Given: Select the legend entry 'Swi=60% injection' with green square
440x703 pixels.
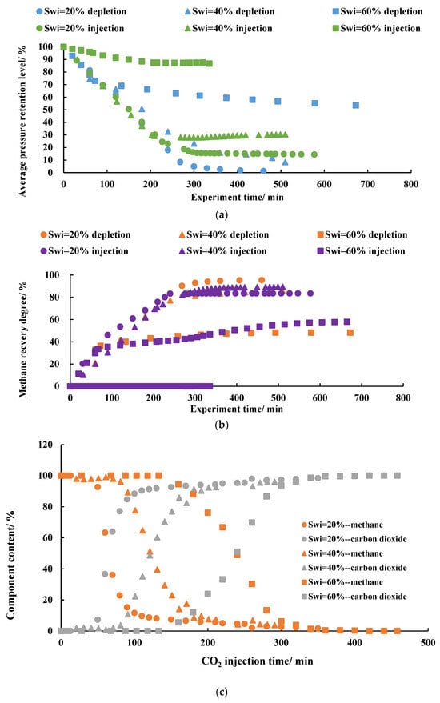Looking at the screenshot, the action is (376, 28).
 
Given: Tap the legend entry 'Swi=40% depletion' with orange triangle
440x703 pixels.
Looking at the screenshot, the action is (223, 234).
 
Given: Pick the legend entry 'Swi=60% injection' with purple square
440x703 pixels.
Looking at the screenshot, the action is (361, 251).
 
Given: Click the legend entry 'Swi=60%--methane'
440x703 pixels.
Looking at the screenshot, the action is (342, 582).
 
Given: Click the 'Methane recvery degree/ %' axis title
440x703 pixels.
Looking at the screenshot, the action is (23, 339).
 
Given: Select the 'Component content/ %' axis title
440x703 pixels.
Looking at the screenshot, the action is (10, 565).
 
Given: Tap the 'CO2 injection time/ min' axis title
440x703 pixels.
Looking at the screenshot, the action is (257, 661).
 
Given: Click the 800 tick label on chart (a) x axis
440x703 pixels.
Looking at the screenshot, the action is (411, 184).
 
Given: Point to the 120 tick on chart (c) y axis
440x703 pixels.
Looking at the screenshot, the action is (46, 445).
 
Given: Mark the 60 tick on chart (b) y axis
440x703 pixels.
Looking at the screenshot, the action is (54, 319).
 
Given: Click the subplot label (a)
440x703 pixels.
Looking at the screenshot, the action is (221, 215).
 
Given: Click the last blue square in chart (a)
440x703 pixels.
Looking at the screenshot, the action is (356, 106).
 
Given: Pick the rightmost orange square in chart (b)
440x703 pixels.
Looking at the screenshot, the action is (350, 333).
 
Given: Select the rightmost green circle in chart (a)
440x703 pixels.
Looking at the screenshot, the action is (314, 154).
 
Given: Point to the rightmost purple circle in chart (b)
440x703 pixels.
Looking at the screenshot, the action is (310, 294).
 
